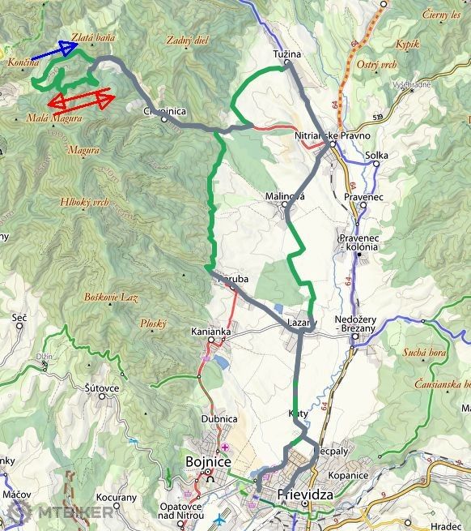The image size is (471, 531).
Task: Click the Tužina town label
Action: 287,54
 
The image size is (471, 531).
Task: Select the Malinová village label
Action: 285,196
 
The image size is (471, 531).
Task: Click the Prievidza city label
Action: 306,493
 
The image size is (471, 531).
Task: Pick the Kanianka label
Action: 210,332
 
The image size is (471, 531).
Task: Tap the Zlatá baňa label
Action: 92,36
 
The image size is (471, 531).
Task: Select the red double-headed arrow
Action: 80,101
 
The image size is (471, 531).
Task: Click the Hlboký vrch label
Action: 84,202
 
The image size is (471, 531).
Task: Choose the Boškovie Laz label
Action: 112,298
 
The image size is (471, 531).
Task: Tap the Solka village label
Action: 377,154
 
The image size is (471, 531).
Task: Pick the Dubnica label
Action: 219,418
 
